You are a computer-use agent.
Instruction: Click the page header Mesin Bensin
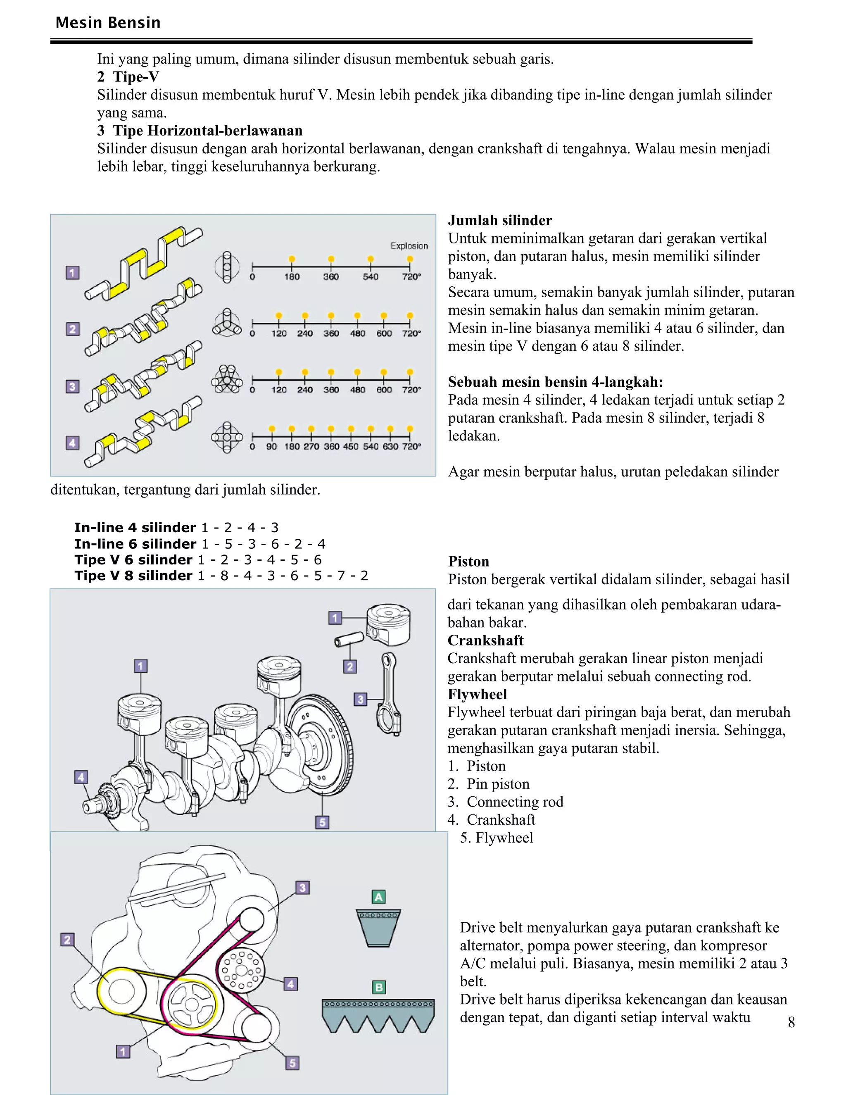pyautogui.click(x=108, y=23)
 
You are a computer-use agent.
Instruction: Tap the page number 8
pyautogui.click(x=791, y=1022)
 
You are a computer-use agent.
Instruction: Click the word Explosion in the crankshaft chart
pyautogui.click(x=409, y=246)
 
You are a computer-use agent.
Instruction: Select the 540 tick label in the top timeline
pyautogui.click(x=371, y=277)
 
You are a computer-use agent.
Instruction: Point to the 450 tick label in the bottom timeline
pyautogui.click(x=350, y=446)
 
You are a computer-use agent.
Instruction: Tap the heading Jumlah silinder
pyautogui.click(x=500, y=221)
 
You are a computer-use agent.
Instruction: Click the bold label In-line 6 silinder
pyautogui.click(x=135, y=544)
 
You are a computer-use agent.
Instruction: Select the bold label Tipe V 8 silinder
pyautogui.click(x=133, y=576)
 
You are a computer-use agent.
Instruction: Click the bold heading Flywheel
pyautogui.click(x=477, y=695)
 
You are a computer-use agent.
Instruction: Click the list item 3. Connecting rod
pyautogui.click(x=505, y=802)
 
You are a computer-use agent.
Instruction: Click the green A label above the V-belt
pyautogui.click(x=378, y=897)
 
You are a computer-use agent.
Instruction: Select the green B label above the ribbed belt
pyautogui.click(x=378, y=987)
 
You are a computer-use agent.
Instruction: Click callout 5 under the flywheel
pyautogui.click(x=322, y=822)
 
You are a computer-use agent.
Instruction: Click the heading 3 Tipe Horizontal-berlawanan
pyautogui.click(x=200, y=131)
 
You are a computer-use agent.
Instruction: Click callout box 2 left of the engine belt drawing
pyautogui.click(x=68, y=940)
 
